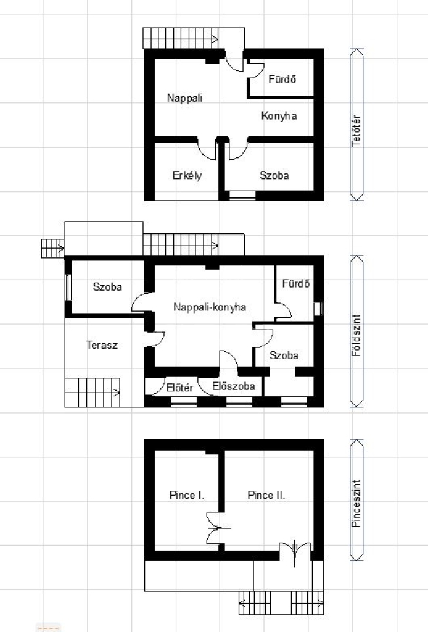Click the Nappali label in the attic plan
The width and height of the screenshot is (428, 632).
[x=185, y=98]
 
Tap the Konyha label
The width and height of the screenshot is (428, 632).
[x=279, y=116]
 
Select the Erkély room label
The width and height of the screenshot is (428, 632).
[x=187, y=176]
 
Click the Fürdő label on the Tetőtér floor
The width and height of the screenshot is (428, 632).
[x=282, y=79]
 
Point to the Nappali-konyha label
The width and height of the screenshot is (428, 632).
[x=210, y=307]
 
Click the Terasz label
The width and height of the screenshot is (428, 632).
[x=102, y=345]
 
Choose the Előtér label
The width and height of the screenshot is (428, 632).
[x=179, y=388]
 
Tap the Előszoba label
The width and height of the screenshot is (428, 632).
[x=234, y=386]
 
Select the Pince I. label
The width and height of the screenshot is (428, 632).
[x=187, y=495]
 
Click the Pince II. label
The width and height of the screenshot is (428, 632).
[x=266, y=495]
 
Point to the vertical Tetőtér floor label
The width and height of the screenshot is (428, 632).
[x=356, y=131]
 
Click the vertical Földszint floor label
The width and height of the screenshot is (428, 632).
[x=356, y=335]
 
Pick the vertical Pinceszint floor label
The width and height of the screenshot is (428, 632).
[x=356, y=504]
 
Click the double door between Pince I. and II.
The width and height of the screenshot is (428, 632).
[x=220, y=528]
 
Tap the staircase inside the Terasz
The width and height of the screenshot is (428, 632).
[x=93, y=392]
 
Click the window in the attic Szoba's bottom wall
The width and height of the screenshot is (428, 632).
[x=242, y=196]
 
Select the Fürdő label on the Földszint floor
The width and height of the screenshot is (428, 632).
[x=296, y=284]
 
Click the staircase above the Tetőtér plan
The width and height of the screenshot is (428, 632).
[x=181, y=39]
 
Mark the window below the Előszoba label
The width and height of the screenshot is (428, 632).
[x=239, y=402]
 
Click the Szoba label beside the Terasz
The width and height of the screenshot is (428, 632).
[x=107, y=287]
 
